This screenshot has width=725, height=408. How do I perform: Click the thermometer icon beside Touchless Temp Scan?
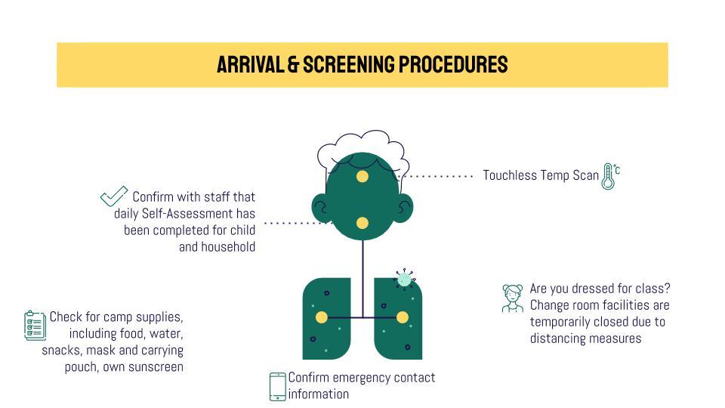click(x=609, y=175)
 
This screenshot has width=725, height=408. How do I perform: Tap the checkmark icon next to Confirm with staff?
click(x=113, y=196)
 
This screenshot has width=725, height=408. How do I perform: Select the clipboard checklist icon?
click(x=35, y=325)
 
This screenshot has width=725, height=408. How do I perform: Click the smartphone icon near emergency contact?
click(x=278, y=386)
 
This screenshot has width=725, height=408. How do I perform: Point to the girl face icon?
click(x=513, y=298)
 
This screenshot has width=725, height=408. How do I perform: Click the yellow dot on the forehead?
click(x=362, y=177)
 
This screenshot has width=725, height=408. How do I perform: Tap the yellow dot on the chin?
click(x=362, y=223)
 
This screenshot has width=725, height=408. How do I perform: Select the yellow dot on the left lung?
click(x=322, y=317)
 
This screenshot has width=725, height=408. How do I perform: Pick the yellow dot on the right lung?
click(x=403, y=317)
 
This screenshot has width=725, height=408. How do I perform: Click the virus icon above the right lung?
click(x=405, y=280)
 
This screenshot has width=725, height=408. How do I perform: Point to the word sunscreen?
click(x=157, y=367)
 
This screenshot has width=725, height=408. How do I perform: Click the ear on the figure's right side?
click(x=406, y=207)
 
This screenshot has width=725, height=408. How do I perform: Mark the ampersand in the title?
click(x=293, y=65)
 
